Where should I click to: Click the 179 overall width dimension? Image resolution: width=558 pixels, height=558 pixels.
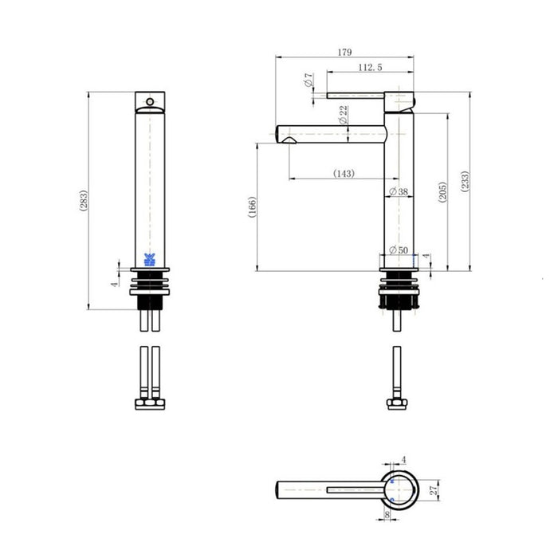(x=344, y=53)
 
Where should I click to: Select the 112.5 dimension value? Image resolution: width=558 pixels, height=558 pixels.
(x=369, y=69)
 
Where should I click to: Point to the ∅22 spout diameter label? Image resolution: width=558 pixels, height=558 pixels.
(x=343, y=115)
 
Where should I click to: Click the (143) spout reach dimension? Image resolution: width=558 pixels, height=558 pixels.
(x=344, y=174)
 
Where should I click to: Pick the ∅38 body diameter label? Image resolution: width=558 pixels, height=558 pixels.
(x=398, y=191)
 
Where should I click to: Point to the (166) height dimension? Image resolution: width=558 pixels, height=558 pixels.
(x=252, y=207)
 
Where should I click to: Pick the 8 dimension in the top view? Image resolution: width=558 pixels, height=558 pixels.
(x=388, y=517)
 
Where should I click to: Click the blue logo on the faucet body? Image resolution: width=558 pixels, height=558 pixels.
(x=149, y=259)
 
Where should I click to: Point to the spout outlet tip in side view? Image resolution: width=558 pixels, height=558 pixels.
(x=287, y=140)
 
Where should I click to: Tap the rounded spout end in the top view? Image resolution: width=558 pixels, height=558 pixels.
(x=280, y=488)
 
